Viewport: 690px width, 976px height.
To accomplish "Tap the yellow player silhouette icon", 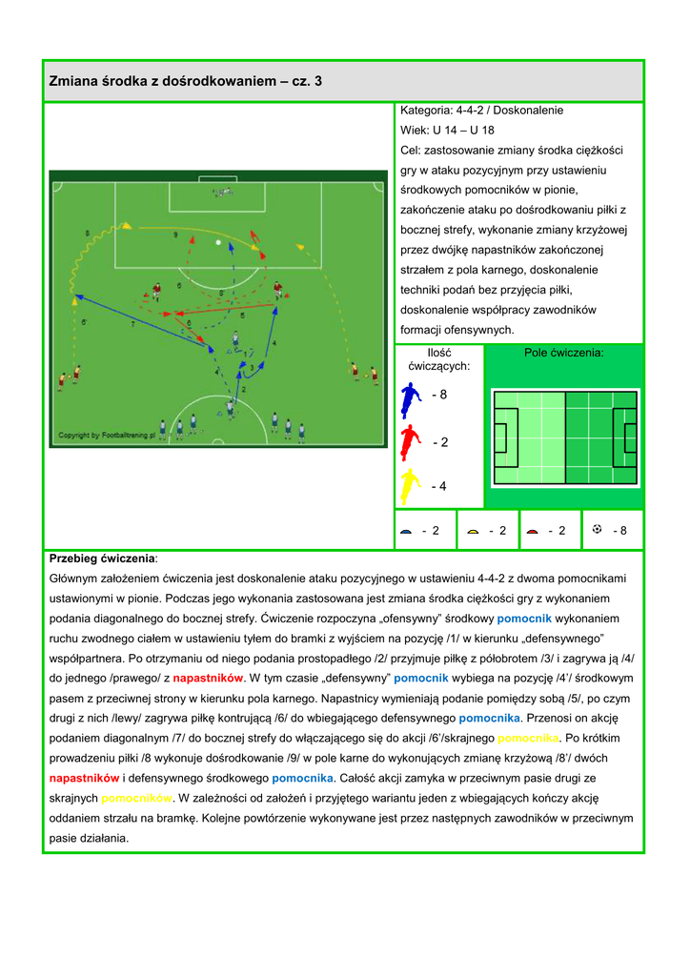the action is [410, 486].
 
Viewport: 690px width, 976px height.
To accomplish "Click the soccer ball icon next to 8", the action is [597, 529].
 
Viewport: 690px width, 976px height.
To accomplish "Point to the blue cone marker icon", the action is [406, 531].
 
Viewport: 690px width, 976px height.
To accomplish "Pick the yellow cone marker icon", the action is [473, 531].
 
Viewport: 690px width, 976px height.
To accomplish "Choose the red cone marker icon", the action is [533, 531].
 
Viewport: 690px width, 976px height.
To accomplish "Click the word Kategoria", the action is [425, 111].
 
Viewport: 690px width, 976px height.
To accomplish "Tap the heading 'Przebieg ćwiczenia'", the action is [102, 558].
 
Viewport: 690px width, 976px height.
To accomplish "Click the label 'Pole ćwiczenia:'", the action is [564, 353].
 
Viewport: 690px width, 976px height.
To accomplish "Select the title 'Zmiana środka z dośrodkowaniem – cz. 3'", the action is [186, 82].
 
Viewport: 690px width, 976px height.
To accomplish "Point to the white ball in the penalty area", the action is [218, 243].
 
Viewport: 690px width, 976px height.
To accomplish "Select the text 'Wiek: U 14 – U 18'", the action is [447, 130].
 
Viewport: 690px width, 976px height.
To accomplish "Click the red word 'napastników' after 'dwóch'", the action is [85, 778].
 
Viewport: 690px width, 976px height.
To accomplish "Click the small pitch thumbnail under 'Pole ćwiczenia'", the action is [565, 437].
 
